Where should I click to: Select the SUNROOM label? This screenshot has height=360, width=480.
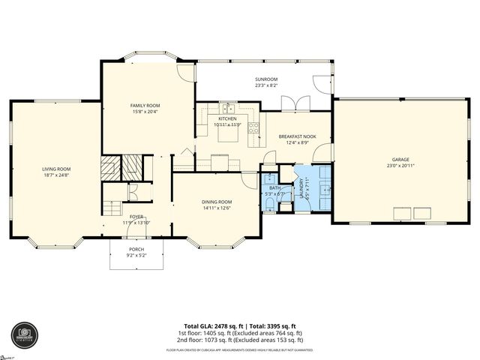(x=266, y=79)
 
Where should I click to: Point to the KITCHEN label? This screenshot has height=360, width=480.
(x=227, y=118)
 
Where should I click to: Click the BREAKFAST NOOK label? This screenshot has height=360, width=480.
(x=298, y=136)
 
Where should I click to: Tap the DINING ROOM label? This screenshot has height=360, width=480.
(x=216, y=202)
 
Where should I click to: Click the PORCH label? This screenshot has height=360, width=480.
(x=136, y=249)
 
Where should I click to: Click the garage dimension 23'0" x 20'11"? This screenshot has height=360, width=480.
(x=400, y=166)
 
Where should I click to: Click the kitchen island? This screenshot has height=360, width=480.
(x=220, y=160)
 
